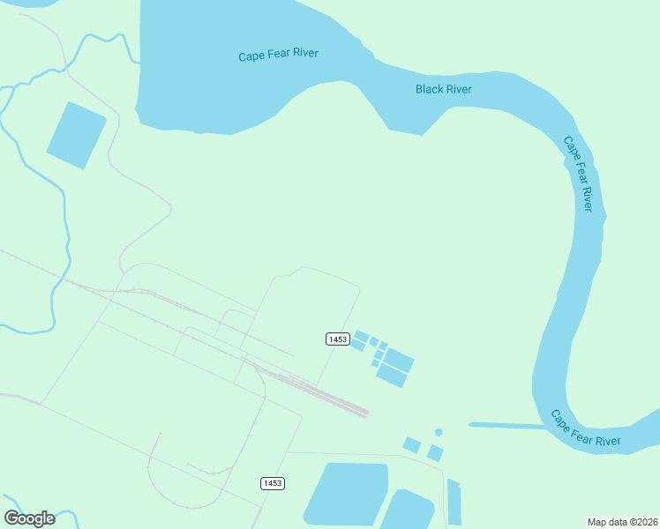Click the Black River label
click(x=443, y=89)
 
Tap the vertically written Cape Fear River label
click(x=578, y=173)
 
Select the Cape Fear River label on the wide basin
click(x=278, y=55)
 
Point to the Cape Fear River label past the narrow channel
click(x=585, y=428)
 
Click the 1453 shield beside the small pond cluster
click(x=336, y=339)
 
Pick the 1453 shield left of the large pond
click(x=273, y=483)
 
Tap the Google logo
click(x=30, y=518)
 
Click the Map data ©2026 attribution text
click(x=622, y=521)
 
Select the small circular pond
click(x=439, y=432)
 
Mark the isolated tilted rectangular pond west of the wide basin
click(x=76, y=134)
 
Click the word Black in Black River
click(x=430, y=89)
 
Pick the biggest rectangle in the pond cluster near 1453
click(x=399, y=361)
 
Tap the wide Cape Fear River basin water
click(x=221, y=88)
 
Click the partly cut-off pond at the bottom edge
click(x=408, y=512)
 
